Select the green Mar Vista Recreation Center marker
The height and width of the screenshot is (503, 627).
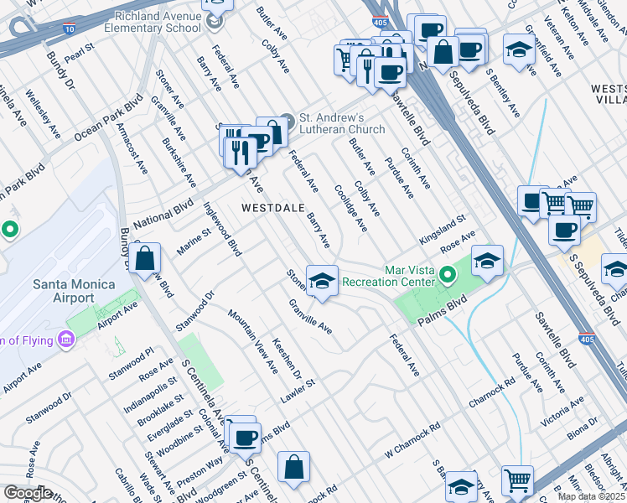[x=448, y=274]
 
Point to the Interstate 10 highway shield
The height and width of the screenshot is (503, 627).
[x=69, y=28]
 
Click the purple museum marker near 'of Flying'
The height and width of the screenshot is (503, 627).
[x=66, y=340]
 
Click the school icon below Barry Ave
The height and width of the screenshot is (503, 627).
[x=321, y=281]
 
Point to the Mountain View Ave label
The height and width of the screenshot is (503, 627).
[x=253, y=340]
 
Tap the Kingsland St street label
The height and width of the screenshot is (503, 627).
[x=443, y=229]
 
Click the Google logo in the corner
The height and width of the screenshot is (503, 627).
[x=28, y=493]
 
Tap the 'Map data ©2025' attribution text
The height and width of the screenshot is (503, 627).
[x=591, y=496]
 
